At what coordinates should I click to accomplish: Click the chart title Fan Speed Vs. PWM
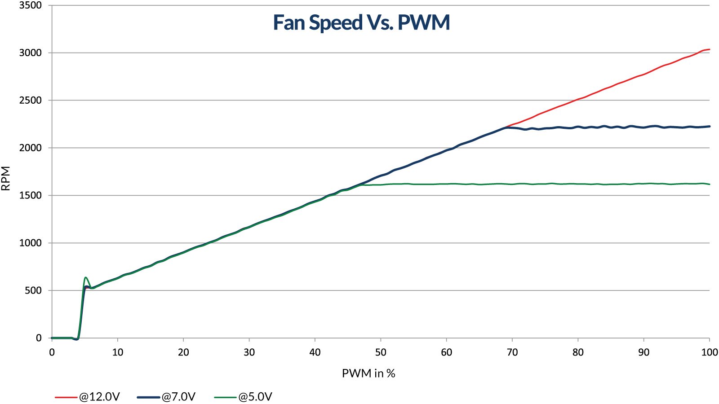(x=361, y=22)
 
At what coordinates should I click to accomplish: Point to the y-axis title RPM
(x=6, y=178)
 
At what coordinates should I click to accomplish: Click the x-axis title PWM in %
(x=368, y=373)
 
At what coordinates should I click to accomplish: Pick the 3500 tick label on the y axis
(x=30, y=5)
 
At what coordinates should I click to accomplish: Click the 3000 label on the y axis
(x=30, y=53)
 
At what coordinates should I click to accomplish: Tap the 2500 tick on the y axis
(x=30, y=101)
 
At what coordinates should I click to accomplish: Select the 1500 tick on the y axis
(x=30, y=196)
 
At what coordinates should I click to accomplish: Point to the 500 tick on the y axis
(x=33, y=291)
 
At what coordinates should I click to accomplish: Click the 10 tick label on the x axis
(x=118, y=352)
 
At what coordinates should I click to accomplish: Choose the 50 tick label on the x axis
(x=381, y=352)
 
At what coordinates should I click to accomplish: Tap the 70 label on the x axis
(x=512, y=352)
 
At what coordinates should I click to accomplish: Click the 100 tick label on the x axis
(x=709, y=352)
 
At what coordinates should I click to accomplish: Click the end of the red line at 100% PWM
(x=709, y=49)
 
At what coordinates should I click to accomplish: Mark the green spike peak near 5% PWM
(x=85, y=277)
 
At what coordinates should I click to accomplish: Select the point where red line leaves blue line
(x=507, y=127)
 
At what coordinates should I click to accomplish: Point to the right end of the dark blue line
(x=709, y=126)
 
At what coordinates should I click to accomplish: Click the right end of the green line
(x=709, y=184)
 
